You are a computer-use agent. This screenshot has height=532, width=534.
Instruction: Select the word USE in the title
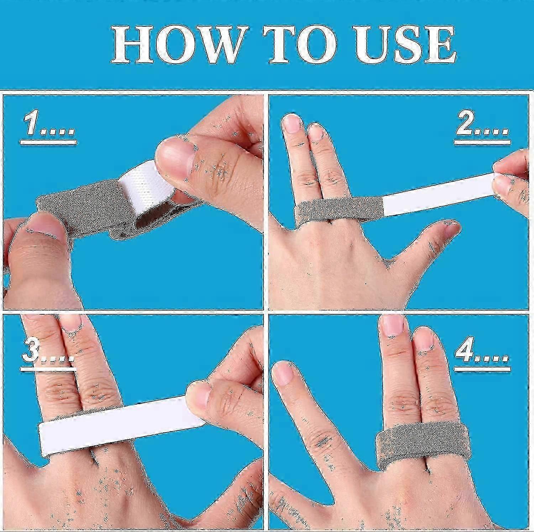[406, 45]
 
